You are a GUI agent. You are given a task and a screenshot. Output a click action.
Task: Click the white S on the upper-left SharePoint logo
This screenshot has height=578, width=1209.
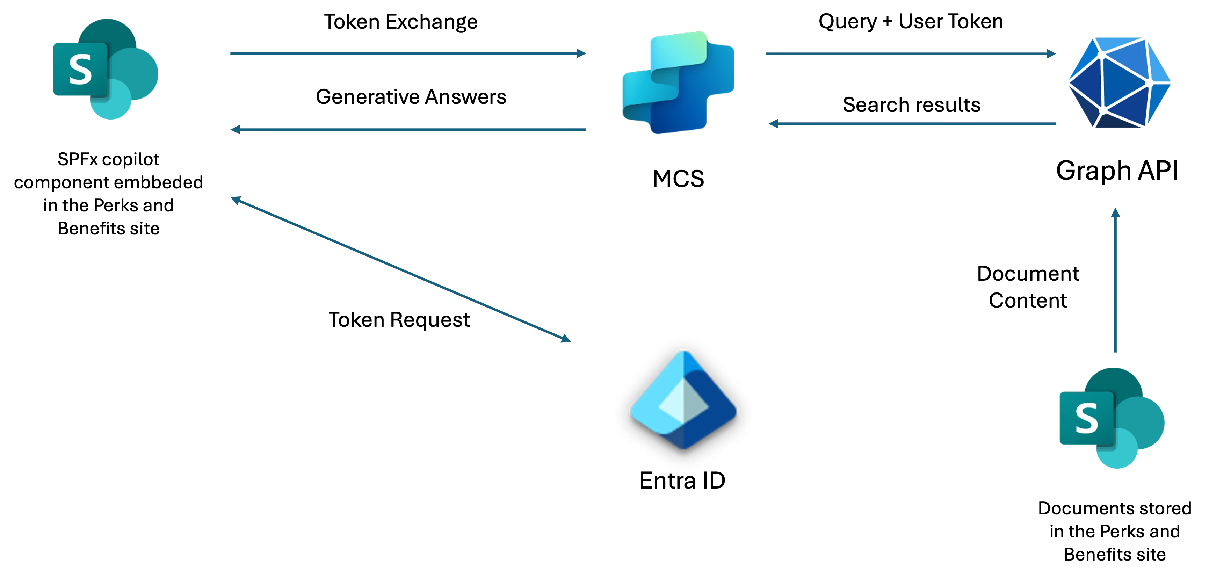point(80,70)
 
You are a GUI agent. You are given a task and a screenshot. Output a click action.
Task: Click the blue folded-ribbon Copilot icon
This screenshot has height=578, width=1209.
point(677,84)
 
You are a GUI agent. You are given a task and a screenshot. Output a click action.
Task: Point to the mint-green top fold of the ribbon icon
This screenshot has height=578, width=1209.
point(681,47)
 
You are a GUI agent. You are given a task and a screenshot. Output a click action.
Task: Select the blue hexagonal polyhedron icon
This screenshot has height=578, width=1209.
point(1119,83)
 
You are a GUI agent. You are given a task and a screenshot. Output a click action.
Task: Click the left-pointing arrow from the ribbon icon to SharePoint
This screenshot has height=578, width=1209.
point(408,129)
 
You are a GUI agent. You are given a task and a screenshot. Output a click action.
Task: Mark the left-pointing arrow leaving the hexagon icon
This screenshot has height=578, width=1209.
point(911,123)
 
